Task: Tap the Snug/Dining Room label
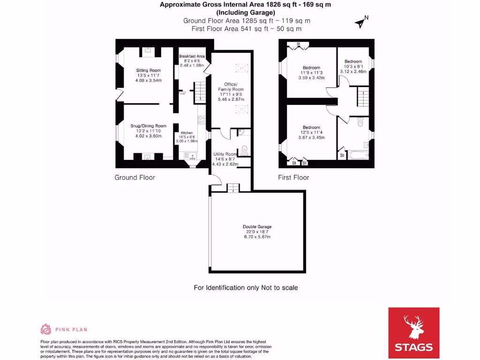click(148, 126)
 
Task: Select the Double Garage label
click(257, 226)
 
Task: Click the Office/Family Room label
click(231, 87)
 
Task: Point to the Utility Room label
click(225, 154)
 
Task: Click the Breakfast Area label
click(192, 56)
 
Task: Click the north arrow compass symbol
click(361, 21)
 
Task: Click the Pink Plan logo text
click(75, 330)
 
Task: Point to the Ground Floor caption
click(135, 178)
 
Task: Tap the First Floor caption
click(293, 178)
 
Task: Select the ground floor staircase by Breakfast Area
click(200, 90)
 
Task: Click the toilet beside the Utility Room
click(244, 150)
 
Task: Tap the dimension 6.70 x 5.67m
click(257, 237)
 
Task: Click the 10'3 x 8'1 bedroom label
click(353, 61)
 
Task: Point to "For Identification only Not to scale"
click(246, 287)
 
